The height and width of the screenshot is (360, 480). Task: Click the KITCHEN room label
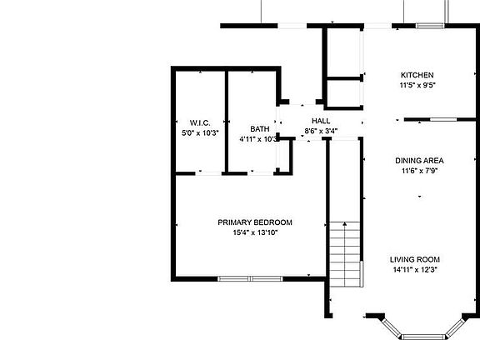click(x=417, y=75)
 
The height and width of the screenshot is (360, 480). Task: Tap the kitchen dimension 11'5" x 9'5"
click(x=417, y=85)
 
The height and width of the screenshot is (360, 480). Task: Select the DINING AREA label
click(x=419, y=161)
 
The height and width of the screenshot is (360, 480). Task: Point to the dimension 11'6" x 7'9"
click(x=419, y=171)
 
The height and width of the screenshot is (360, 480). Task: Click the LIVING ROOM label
click(x=415, y=260)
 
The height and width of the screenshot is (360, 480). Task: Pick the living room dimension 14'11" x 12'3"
click(x=415, y=270)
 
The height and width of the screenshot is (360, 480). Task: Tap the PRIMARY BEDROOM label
click(x=255, y=222)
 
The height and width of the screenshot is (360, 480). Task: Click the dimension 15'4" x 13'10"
click(x=255, y=232)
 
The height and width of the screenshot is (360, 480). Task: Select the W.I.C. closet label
click(x=200, y=123)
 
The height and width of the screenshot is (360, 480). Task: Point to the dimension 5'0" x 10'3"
click(x=200, y=133)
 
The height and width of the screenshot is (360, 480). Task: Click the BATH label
click(x=260, y=129)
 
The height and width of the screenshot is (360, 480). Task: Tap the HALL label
click(x=321, y=121)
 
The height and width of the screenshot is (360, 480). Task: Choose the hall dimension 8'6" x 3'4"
click(x=321, y=131)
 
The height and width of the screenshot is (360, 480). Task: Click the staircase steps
click(x=345, y=254)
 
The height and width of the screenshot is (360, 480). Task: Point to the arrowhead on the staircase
click(x=345, y=224)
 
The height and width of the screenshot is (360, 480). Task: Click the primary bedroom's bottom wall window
click(x=250, y=278)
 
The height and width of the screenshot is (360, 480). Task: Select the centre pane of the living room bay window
click(x=423, y=337)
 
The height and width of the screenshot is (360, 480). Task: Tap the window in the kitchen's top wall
click(x=430, y=26)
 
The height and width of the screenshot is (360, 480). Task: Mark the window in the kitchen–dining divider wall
click(x=443, y=119)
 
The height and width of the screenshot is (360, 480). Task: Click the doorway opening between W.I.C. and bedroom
click(x=208, y=173)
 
